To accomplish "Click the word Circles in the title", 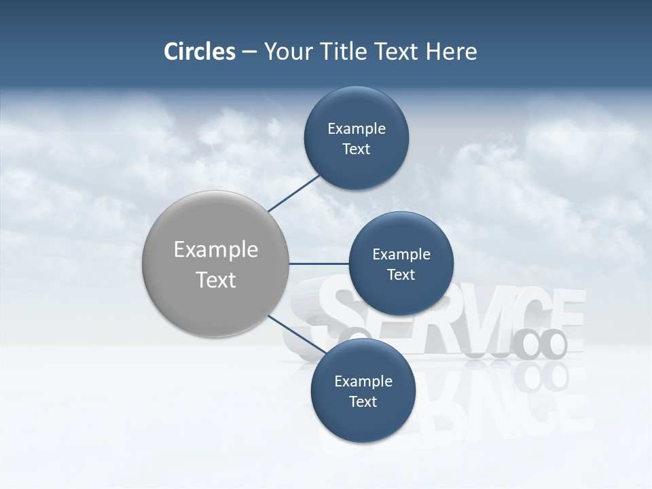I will point(200,52).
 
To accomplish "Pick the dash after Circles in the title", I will point(249,52).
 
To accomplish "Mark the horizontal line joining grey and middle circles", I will point(318,264).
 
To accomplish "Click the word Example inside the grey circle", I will point(216,250).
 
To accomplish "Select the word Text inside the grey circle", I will point(216,280).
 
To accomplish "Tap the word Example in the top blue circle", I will point(357,129).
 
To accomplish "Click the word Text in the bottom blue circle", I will point(363,401).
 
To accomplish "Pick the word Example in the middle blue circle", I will point(401,255).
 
